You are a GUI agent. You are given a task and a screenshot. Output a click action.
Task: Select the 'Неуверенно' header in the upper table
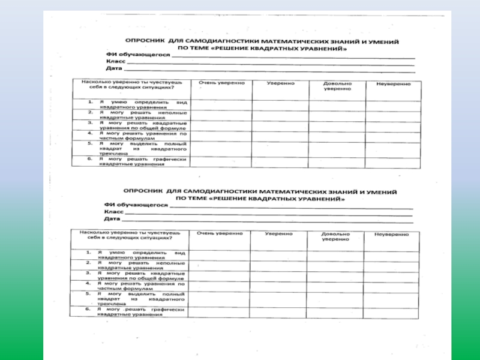[393, 83]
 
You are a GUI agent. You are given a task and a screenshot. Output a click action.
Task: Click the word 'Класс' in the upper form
[115, 62]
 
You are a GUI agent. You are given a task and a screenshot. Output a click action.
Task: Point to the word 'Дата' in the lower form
[112, 219]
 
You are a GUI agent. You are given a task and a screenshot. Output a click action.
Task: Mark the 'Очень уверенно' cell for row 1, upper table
[221, 104]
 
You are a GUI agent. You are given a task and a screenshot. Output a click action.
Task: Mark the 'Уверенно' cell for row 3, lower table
[280, 275]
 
